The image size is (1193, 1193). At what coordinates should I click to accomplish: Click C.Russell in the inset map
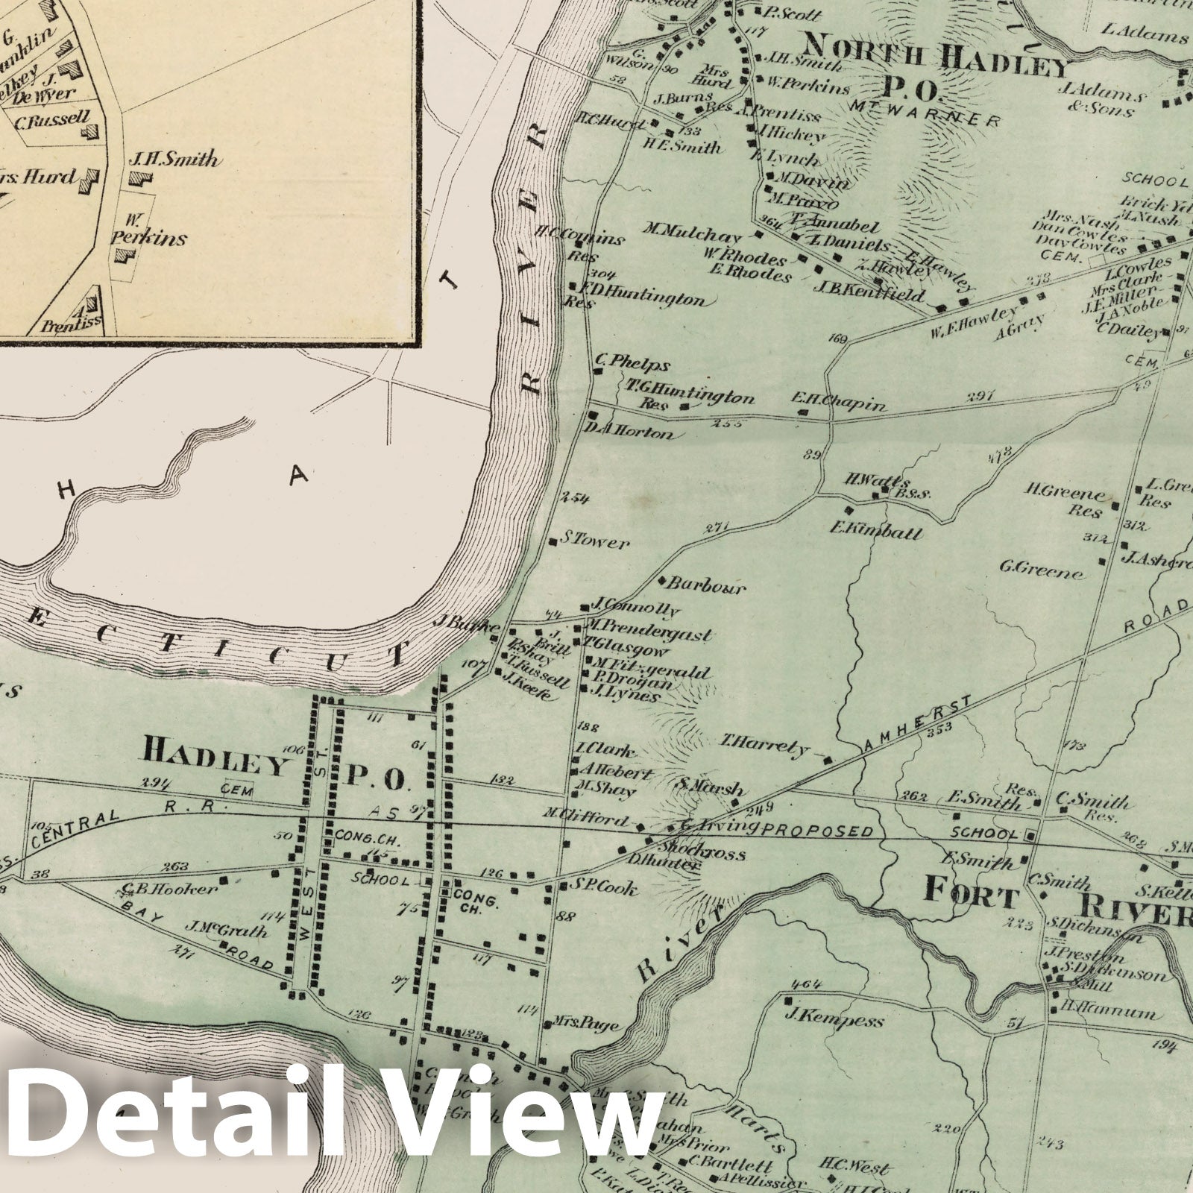[x=51, y=119]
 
